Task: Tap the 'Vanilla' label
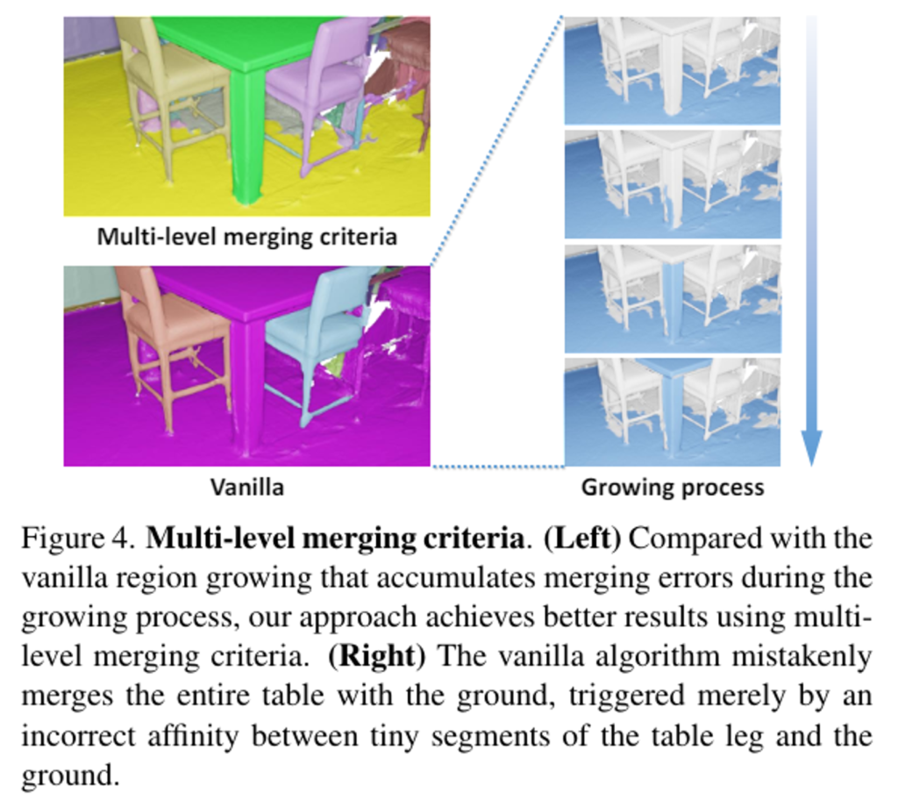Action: pos(246,488)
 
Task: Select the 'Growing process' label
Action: pos(673,488)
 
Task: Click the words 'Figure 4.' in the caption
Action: pos(78,539)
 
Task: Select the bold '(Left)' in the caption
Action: pos(582,539)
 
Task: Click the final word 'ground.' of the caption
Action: pos(70,776)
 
